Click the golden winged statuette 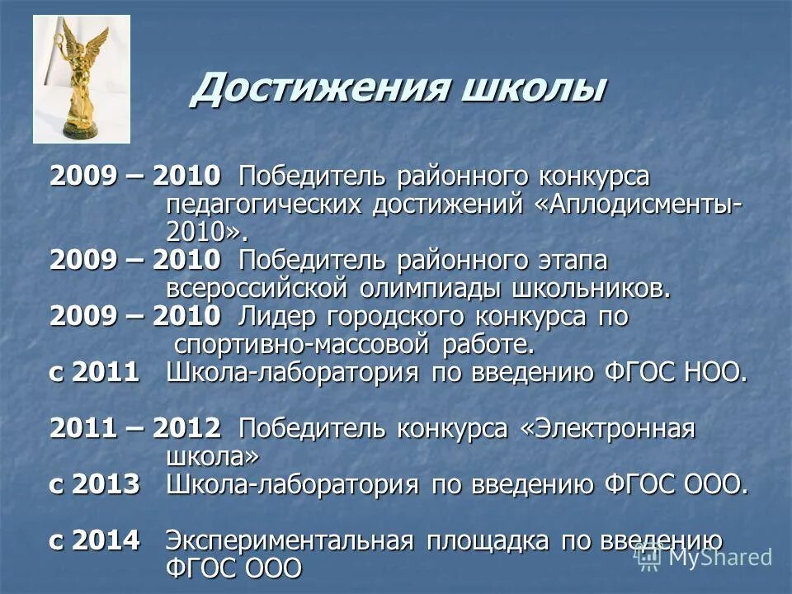click(81, 70)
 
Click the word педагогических click(264, 203)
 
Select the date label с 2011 click(94, 372)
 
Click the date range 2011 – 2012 click(135, 428)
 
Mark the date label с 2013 click(94, 484)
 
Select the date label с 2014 click(94, 541)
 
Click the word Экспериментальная click(289, 541)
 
